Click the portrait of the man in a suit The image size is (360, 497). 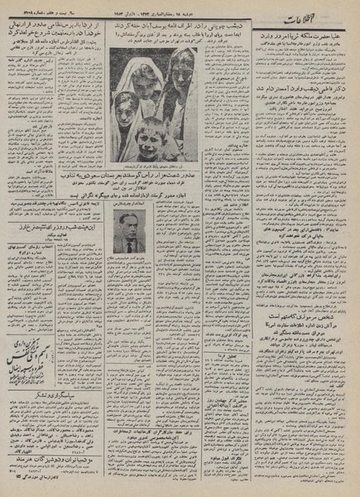130,233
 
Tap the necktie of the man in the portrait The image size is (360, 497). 129,247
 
